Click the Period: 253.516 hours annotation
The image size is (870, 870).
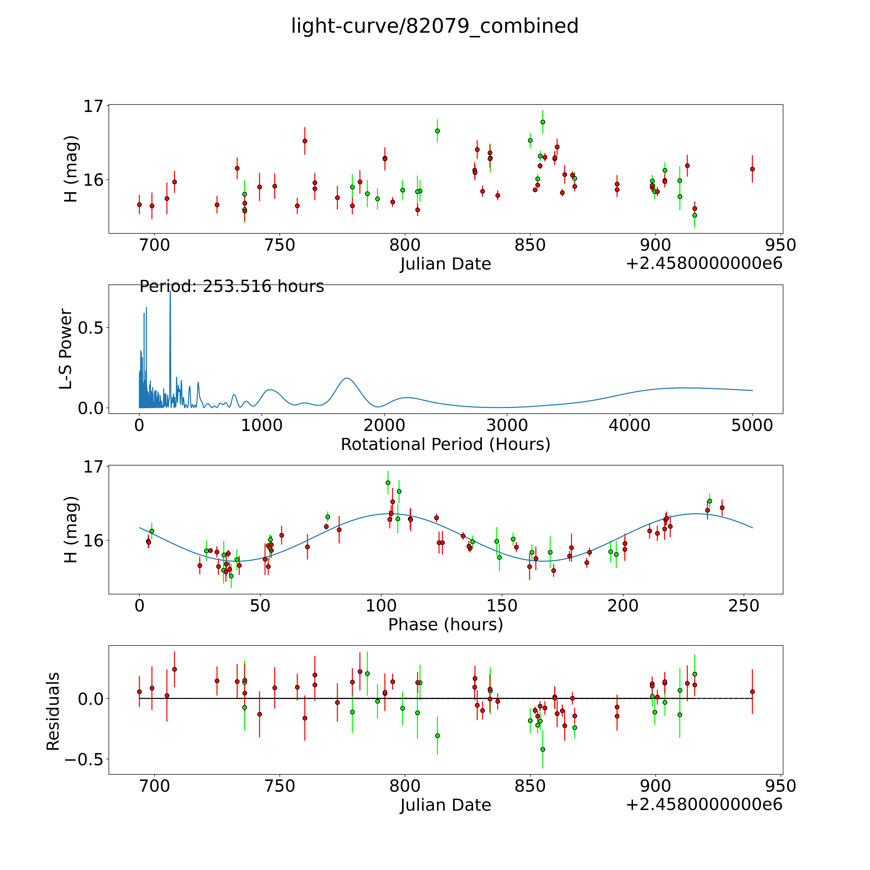(x=232, y=286)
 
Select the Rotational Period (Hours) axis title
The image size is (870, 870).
(x=445, y=445)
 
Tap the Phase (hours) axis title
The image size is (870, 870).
(x=445, y=625)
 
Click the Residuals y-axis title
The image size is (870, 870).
(x=53, y=711)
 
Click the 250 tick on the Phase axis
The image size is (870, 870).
(x=744, y=606)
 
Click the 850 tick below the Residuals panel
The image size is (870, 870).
(x=530, y=786)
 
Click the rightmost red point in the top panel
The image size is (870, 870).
(x=752, y=169)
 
